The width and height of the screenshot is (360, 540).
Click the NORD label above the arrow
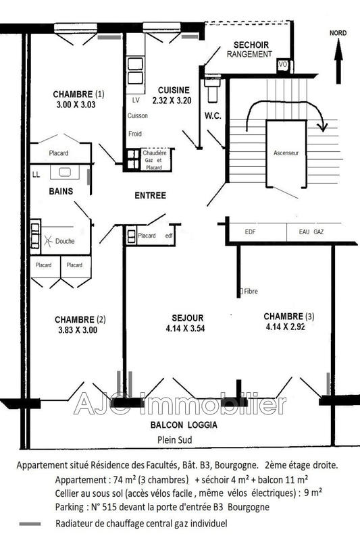[338, 32]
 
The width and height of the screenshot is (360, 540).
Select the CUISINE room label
[174, 90]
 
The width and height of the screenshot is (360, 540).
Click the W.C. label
[213, 115]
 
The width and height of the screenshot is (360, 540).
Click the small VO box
[283, 64]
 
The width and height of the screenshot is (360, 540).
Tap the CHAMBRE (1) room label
[80, 94]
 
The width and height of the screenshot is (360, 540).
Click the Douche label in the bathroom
[65, 241]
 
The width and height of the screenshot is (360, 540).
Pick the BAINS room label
[61, 191]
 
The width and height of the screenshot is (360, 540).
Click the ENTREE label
[150, 196]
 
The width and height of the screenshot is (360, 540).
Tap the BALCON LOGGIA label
[184, 425]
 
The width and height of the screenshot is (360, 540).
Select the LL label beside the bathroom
[36, 175]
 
